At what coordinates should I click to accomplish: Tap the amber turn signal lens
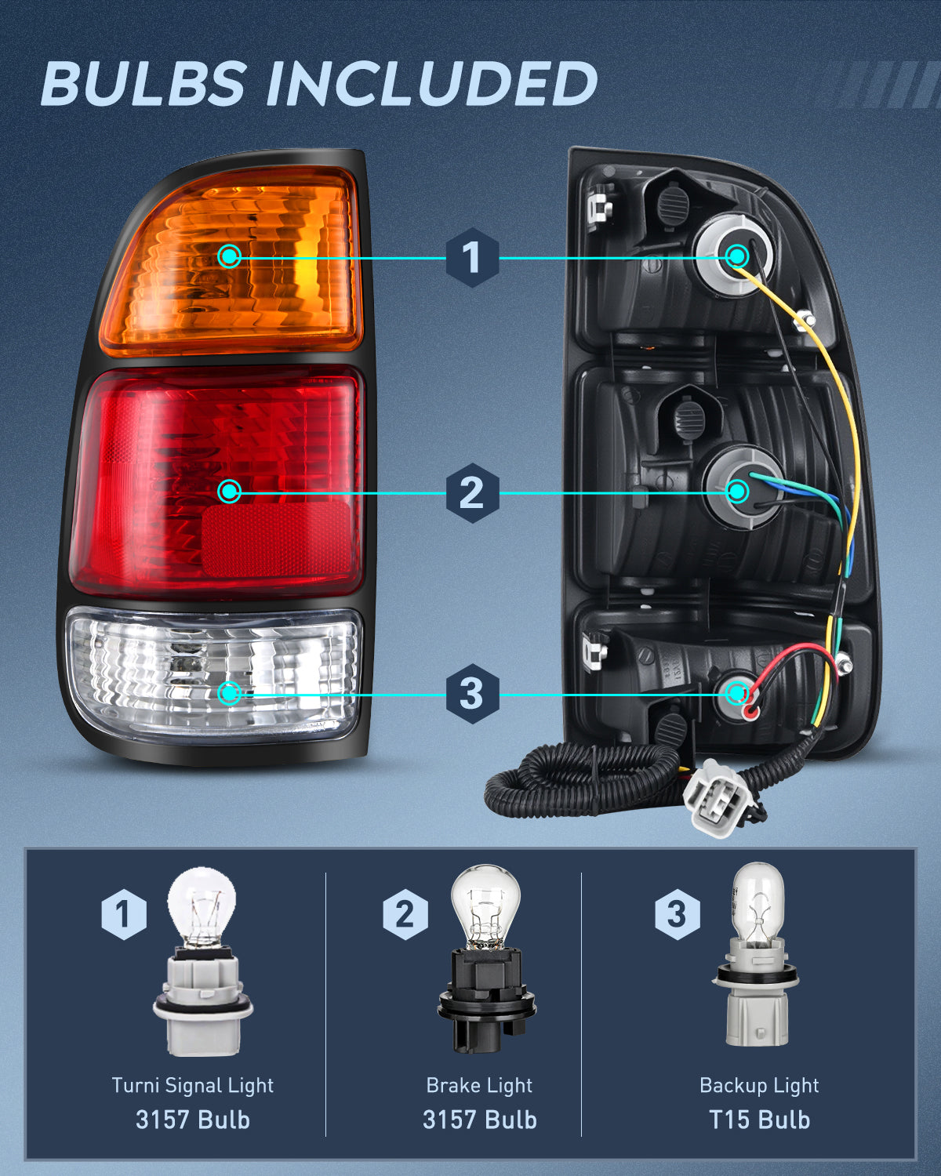[235, 259]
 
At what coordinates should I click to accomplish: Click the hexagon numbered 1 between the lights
[471, 257]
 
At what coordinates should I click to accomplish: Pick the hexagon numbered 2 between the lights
[471, 492]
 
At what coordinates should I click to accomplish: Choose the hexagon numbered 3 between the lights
[471, 694]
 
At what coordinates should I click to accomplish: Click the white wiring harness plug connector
[714, 796]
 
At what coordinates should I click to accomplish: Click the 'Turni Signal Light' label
[193, 1086]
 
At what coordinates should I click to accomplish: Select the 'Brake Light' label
[479, 1086]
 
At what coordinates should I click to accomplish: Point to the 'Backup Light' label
[759, 1086]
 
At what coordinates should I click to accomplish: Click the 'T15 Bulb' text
[759, 1120]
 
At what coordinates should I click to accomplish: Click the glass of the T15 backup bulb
[757, 902]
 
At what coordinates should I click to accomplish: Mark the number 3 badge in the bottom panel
[677, 914]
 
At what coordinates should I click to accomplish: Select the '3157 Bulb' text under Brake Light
[479, 1120]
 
